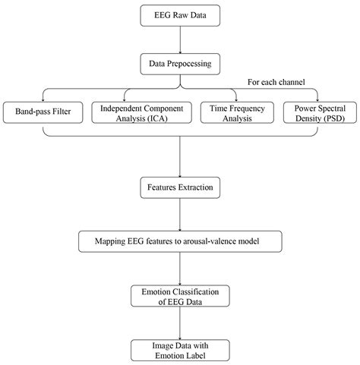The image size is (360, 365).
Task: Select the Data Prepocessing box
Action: point(179,66)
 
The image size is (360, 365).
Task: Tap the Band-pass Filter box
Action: point(43,112)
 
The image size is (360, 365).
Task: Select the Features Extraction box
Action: point(179,184)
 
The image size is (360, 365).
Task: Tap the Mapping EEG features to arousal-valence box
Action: point(179,242)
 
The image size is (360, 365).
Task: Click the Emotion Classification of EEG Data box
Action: point(179,295)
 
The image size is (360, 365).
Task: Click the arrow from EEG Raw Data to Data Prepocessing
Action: point(179,39)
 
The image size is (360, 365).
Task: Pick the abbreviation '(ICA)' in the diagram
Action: point(164,118)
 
